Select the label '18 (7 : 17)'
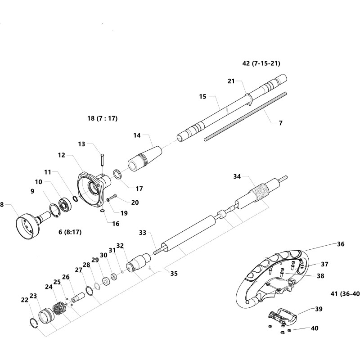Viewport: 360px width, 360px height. point(102,118)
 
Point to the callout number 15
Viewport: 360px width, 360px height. point(202,96)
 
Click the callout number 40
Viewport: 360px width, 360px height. point(314,328)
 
